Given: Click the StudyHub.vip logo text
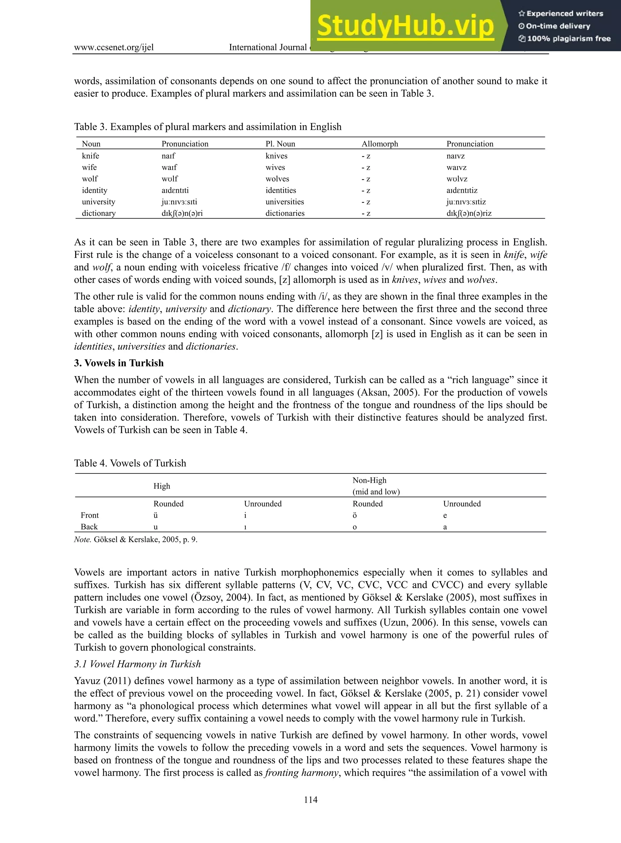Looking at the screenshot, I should tap(405, 25).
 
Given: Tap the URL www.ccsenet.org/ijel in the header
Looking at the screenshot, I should tap(113, 47).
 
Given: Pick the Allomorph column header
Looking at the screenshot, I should tap(380, 144).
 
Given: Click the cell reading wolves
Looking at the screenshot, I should tap(277, 179).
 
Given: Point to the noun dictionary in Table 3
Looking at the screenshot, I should tap(99, 213).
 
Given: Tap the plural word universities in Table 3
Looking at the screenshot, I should tap(284, 202).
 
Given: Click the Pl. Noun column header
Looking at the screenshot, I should tap(280, 144).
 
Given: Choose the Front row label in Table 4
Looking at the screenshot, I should tap(89, 515).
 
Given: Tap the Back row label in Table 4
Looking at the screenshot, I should tap(89, 527).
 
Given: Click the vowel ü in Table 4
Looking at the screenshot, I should tap(156, 515).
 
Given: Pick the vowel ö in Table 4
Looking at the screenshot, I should tap(354, 515).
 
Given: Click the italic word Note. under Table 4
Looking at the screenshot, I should tap(82, 539).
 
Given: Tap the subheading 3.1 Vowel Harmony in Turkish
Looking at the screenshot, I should tap(137, 664).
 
